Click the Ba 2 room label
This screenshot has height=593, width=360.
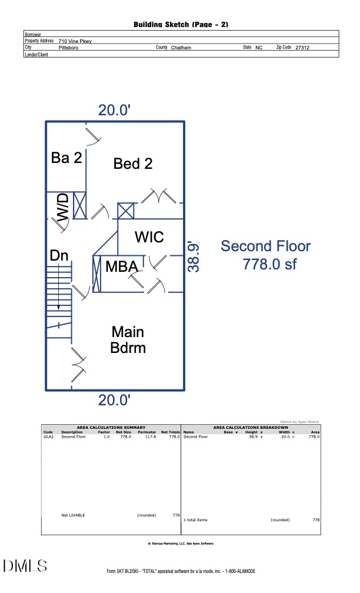[66, 157]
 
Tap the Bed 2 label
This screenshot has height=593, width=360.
[133, 164]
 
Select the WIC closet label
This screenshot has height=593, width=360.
[149, 236]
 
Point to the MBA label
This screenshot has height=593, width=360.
[122, 266]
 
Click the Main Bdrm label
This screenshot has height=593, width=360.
[128, 339]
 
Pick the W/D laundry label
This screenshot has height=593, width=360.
[62, 208]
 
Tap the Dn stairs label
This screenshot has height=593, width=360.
[59, 256]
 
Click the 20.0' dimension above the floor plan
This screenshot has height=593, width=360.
[114, 109]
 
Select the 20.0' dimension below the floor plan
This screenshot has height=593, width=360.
[114, 400]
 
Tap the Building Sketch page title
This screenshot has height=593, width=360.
[181, 24]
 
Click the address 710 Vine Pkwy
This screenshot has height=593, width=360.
[75, 41]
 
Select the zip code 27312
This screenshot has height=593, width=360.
[302, 47]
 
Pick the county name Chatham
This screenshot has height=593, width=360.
[181, 47]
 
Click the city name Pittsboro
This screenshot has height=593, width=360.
[68, 47]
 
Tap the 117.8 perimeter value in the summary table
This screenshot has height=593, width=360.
[145, 437]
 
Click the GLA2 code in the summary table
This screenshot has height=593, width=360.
[48, 437]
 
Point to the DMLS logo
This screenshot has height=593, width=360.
[25, 566]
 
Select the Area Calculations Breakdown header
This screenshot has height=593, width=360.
[251, 427]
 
